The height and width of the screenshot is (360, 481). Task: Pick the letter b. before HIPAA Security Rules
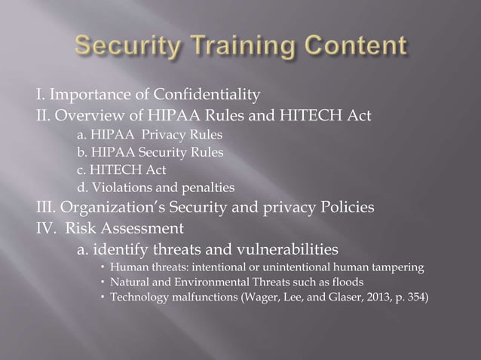pyautogui.click(x=82, y=153)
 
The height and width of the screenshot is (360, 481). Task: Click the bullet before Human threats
pyautogui.click(x=102, y=267)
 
